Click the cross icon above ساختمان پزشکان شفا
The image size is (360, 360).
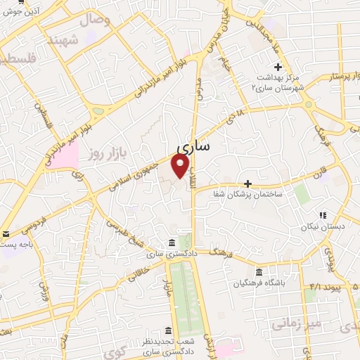(247, 183)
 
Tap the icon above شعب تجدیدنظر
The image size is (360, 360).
(167, 330)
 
